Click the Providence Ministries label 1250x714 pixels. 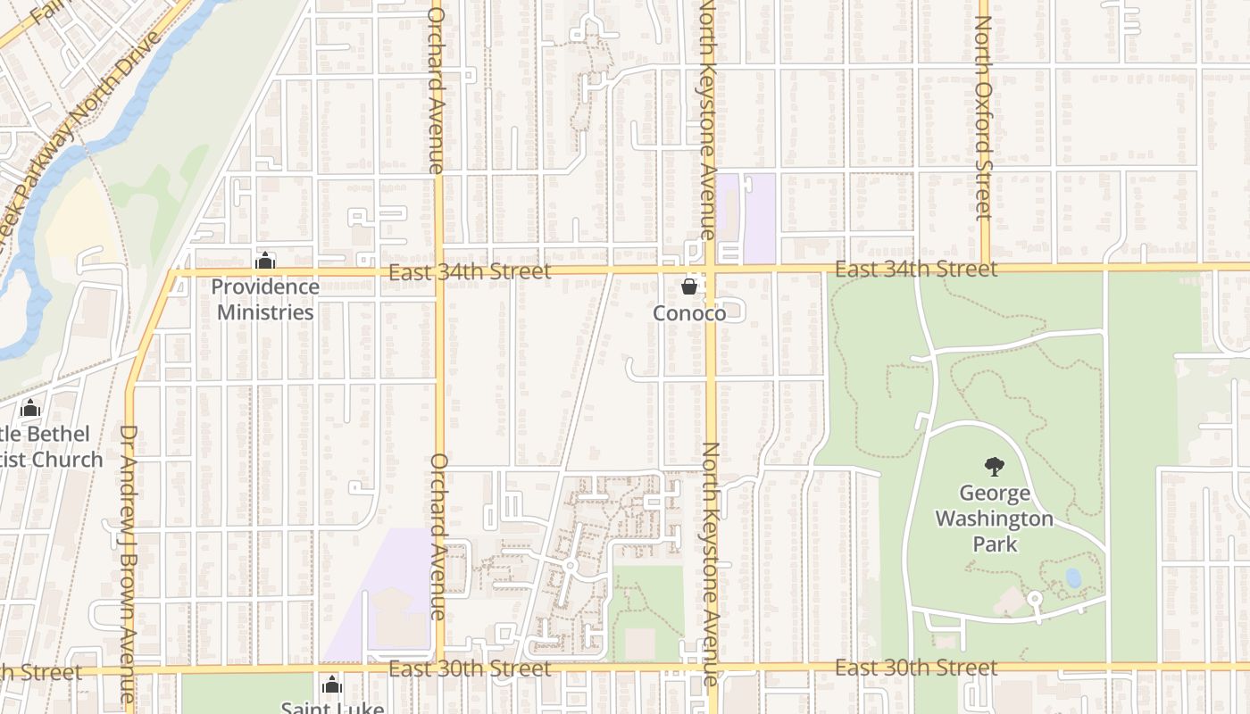(x=265, y=300)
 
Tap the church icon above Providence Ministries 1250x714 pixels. (x=265, y=262)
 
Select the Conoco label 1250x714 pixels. (x=688, y=313)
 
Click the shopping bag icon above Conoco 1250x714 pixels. (x=688, y=286)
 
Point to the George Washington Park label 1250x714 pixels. (x=994, y=519)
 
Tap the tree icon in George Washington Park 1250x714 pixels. (x=994, y=466)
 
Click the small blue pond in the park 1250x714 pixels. (x=1073, y=578)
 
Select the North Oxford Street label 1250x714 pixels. (x=983, y=116)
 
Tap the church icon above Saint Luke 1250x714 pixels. (x=332, y=685)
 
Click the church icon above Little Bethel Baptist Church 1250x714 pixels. (x=30, y=409)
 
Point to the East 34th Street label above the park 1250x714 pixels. (x=916, y=270)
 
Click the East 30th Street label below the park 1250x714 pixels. (x=916, y=668)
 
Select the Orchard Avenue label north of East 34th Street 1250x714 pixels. (x=437, y=89)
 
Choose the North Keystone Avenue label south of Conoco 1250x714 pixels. (x=711, y=562)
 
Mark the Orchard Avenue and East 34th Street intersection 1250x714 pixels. (x=438, y=270)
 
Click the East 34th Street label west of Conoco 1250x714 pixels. (x=470, y=271)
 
